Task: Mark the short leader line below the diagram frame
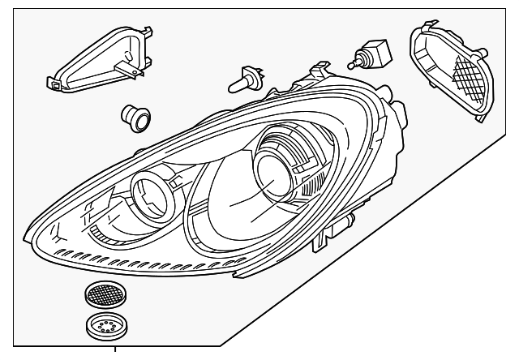tap(116, 352)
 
